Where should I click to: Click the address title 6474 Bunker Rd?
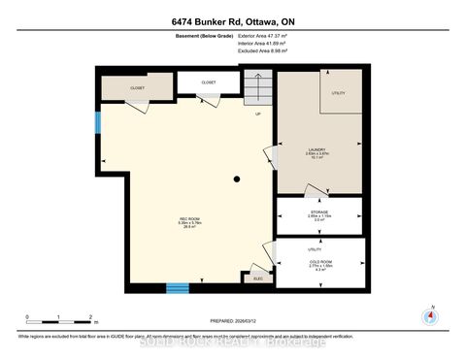232,21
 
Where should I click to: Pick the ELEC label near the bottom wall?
257,279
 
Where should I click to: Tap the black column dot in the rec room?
236,180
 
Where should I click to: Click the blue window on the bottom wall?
177,287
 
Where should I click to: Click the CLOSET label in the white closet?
208,82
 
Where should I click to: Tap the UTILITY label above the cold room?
286,249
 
